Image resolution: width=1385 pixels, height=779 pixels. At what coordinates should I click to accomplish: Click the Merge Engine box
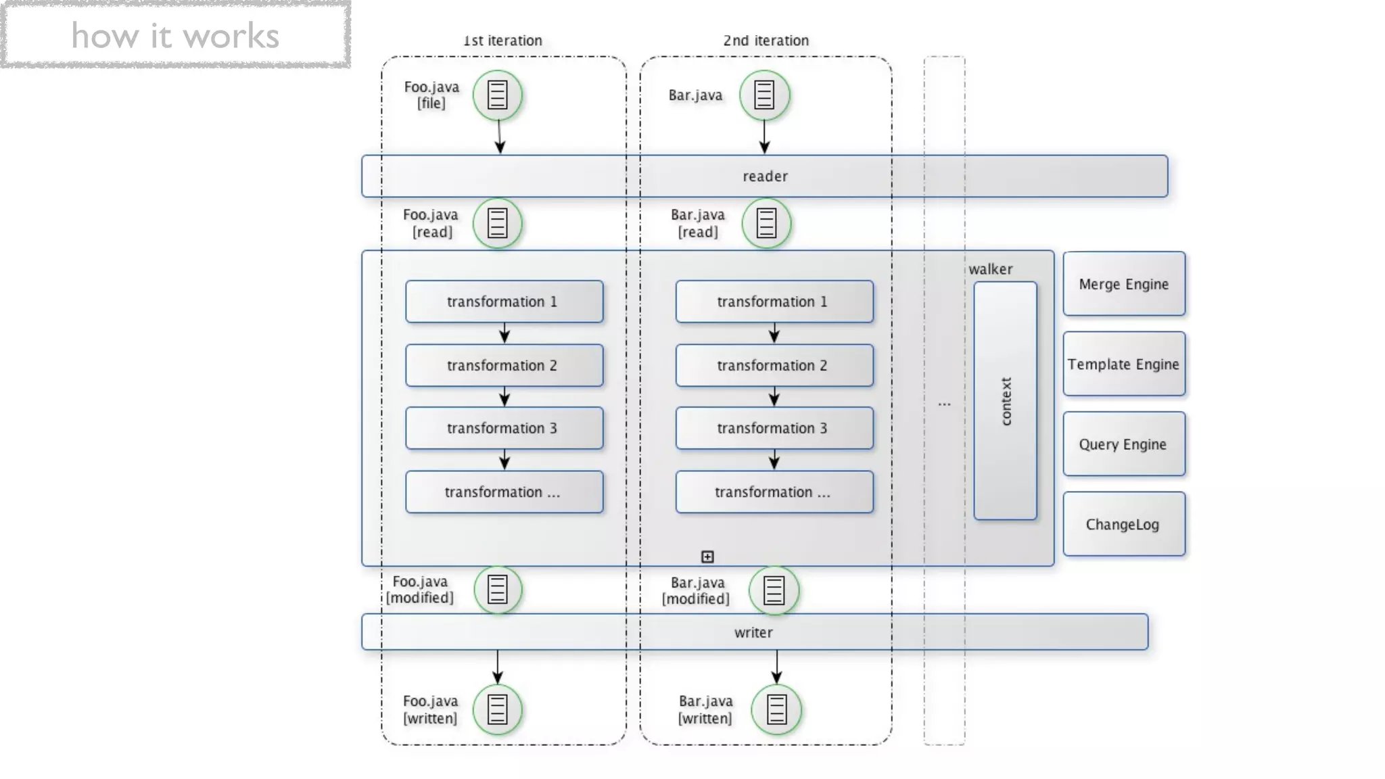[1123, 284]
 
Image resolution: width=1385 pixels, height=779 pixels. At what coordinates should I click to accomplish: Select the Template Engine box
[1123, 364]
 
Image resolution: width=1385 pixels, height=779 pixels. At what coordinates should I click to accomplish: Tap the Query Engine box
[1123, 444]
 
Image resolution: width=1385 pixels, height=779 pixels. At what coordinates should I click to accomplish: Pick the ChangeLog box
[1123, 524]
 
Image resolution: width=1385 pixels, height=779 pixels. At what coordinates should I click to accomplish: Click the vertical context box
[1005, 401]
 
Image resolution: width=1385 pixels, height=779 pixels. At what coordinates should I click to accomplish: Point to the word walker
[990, 269]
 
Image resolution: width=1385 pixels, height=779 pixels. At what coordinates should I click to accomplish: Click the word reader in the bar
[765, 176]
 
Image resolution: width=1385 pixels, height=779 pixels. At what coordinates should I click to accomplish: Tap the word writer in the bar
[753, 632]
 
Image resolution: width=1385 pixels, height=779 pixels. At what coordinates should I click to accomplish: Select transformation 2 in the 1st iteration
[504, 365]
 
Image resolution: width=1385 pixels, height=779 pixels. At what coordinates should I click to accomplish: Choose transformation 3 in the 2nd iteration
[774, 428]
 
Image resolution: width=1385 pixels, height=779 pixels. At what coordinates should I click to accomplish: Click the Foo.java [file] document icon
[498, 95]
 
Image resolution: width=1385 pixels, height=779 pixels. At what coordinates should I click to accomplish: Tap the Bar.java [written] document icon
[776, 709]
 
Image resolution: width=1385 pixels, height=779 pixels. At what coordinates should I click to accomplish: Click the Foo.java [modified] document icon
[498, 590]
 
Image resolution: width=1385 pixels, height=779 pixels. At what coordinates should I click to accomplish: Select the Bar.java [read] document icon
[766, 223]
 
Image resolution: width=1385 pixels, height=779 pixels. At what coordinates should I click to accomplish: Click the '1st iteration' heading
[502, 41]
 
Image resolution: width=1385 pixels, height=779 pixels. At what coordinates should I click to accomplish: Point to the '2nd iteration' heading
[766, 41]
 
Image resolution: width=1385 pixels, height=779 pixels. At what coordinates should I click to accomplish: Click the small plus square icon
[707, 557]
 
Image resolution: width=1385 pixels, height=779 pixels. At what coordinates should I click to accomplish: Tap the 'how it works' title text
[175, 36]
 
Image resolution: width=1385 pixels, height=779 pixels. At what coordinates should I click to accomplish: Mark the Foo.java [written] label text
[430, 709]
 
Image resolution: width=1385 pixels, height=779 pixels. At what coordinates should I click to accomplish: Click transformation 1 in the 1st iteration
[504, 302]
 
